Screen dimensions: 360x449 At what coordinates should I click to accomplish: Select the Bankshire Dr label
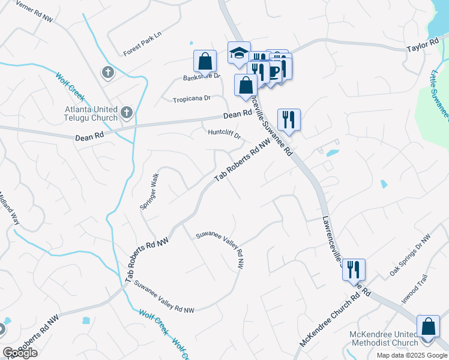(x=202, y=77)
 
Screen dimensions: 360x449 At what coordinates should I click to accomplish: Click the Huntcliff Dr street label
(x=224, y=133)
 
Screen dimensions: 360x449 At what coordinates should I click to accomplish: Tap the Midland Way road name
(x=9, y=208)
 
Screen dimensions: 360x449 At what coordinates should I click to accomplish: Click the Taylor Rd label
(x=424, y=46)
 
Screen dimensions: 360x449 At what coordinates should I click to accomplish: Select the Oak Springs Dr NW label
(x=411, y=256)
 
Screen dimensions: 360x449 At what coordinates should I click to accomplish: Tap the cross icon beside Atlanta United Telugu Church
(x=126, y=112)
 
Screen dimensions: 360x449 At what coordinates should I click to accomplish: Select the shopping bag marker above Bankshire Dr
(x=205, y=61)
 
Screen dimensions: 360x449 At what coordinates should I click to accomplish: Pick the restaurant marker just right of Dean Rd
(x=289, y=120)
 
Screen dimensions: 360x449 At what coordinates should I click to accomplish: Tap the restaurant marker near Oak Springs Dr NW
(x=354, y=269)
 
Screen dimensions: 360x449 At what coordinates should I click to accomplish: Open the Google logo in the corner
(x=20, y=353)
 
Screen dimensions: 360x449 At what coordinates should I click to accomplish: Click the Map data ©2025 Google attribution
(x=411, y=355)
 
